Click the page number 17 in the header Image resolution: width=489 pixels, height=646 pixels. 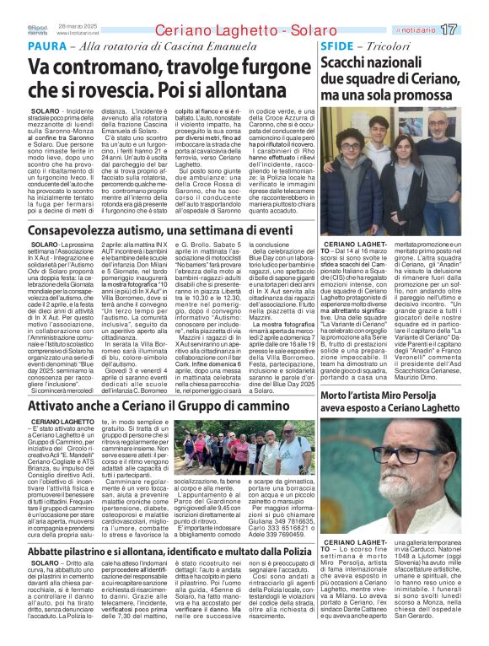tap(470, 30)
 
